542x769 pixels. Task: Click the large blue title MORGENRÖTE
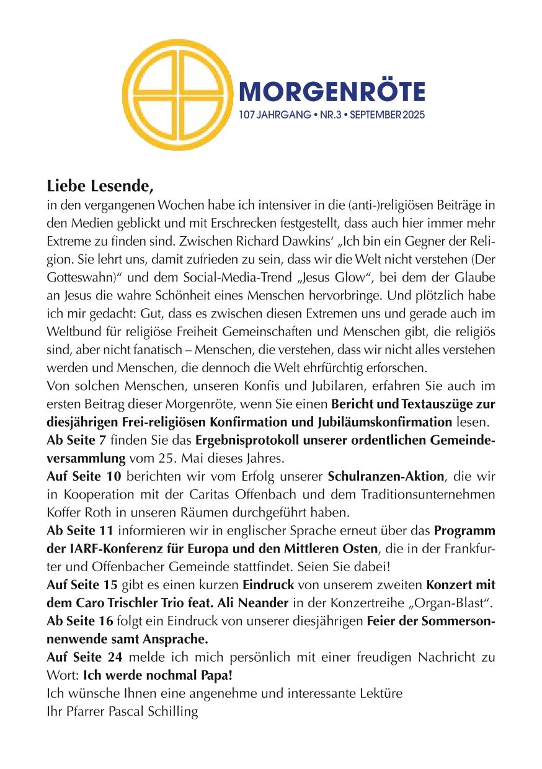coord(332,92)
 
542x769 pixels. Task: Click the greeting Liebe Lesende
coord(99,185)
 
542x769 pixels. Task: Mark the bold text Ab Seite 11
coord(79,531)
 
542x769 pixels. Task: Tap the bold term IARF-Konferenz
coord(112,549)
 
